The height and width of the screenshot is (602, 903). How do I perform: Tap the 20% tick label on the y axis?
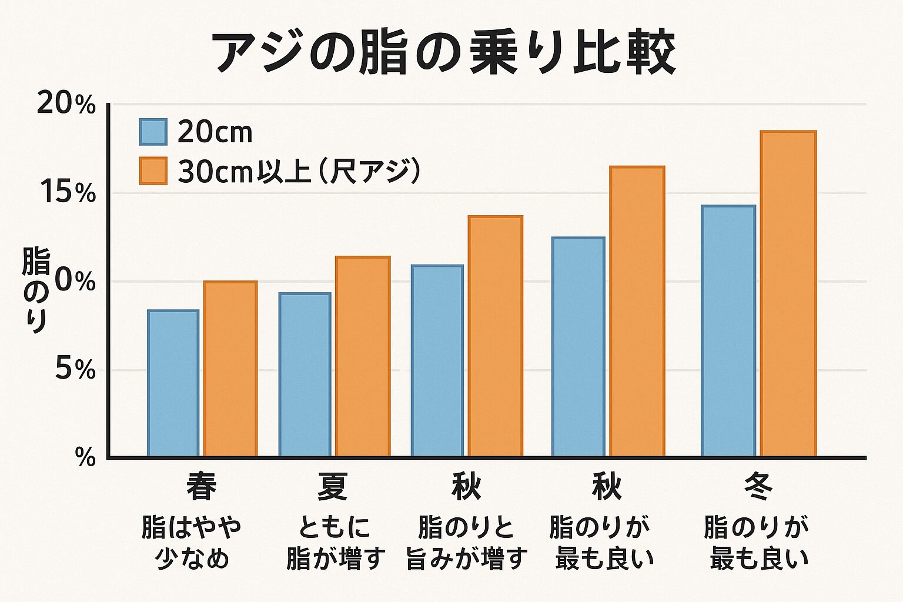[x=66, y=105]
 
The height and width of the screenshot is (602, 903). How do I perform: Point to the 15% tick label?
[x=68, y=193]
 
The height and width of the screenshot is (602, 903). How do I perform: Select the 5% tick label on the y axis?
[x=75, y=370]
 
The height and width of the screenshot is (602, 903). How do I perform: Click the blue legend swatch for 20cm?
[x=153, y=132]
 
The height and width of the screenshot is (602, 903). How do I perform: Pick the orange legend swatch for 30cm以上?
[x=153, y=171]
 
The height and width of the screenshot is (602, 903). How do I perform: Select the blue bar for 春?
[x=173, y=383]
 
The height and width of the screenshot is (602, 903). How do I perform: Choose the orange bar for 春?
[x=230, y=369]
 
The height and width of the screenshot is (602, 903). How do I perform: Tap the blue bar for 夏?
[x=305, y=374]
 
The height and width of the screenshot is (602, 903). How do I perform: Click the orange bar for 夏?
[x=363, y=356]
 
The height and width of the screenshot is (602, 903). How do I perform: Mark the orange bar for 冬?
[x=788, y=294]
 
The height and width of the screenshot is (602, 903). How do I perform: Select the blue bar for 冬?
[x=728, y=331]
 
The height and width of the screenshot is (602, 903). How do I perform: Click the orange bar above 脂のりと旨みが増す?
[x=496, y=336]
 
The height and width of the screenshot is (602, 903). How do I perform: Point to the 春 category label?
[x=201, y=487]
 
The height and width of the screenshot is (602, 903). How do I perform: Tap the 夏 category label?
[x=333, y=487]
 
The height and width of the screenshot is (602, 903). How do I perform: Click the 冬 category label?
[x=758, y=487]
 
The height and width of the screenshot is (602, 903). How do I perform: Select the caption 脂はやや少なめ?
[x=192, y=543]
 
